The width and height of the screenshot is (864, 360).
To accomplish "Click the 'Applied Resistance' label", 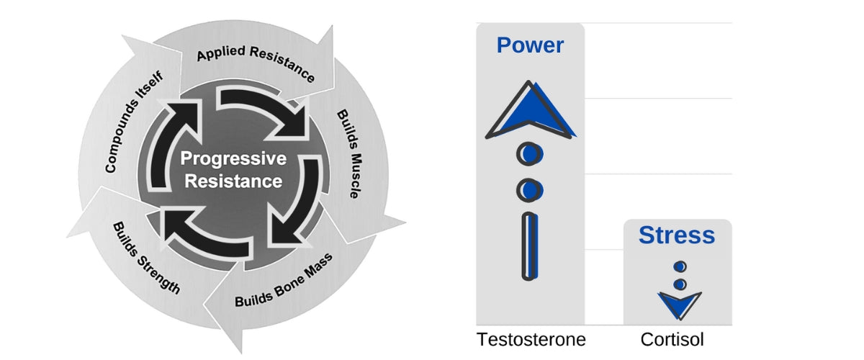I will (255, 64).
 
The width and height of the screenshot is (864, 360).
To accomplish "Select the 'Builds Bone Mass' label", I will (284, 282).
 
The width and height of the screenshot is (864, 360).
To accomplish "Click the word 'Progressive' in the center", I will (233, 158).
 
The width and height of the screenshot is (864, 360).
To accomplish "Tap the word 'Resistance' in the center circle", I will (233, 181).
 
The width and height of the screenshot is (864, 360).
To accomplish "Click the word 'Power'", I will (530, 46).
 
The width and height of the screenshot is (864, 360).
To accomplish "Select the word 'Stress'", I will (677, 235).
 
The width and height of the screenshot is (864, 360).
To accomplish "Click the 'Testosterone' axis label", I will (531, 339).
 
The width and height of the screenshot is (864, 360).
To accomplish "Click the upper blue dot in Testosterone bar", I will (530, 153).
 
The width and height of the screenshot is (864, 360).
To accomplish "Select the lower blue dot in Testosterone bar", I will (530, 189).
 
